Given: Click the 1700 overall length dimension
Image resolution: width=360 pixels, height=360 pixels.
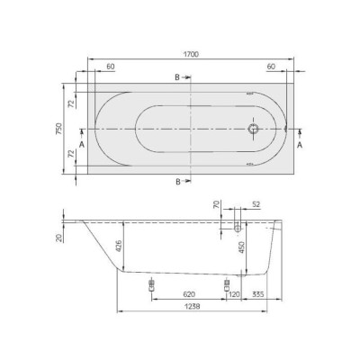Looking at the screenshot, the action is tap(191, 54).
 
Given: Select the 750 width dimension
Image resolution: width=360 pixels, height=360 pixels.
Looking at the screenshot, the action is tap(59, 129).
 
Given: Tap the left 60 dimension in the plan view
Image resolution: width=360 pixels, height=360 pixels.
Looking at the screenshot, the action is tap(111, 67).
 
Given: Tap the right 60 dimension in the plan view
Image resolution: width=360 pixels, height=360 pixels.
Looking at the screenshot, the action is tap(271, 67).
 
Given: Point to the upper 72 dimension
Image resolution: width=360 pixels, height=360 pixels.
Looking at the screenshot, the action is tap(71, 103).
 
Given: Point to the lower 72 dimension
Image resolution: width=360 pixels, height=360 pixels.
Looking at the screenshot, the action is tap(71, 154).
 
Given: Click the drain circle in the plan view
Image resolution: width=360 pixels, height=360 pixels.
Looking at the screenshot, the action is tap(254, 129).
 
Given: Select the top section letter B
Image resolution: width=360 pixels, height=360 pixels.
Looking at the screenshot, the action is tap(177, 77).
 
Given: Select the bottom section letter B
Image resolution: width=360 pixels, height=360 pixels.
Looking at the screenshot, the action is tap(178, 182).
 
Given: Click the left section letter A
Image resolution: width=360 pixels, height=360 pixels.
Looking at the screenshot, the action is tap(82, 145).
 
